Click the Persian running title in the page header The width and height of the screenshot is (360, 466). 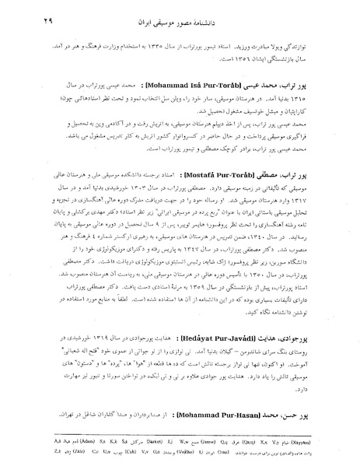click(249, 18)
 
